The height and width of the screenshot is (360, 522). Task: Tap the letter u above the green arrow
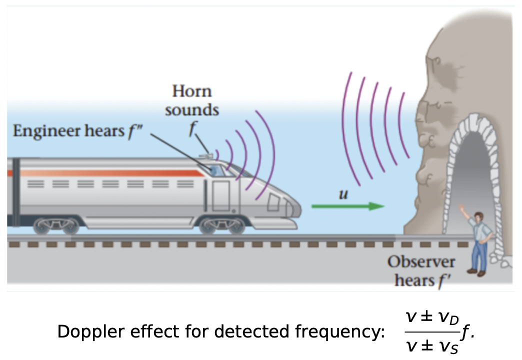click(343, 193)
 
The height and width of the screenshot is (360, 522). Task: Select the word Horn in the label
click(192, 91)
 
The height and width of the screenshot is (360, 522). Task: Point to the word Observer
click(421, 261)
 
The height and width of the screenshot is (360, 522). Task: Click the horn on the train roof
click(206, 155)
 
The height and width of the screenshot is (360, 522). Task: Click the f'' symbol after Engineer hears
click(134, 131)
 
